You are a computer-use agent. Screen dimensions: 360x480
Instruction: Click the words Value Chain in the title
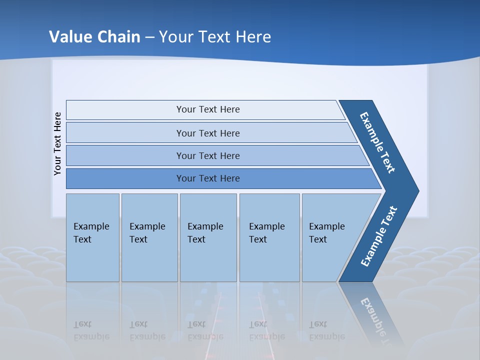[94, 37]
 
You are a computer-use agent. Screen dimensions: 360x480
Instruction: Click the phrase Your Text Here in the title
[215, 37]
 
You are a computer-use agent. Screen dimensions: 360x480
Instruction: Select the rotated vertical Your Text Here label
[57, 143]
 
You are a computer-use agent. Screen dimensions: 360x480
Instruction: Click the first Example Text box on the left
[92, 237]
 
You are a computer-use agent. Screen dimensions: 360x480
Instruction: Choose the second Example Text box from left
[149, 237]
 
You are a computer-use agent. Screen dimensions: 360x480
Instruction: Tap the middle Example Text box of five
[208, 237]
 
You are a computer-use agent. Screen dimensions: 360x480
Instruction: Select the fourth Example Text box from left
[269, 237]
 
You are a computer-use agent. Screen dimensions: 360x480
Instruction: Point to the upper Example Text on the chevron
[377, 142]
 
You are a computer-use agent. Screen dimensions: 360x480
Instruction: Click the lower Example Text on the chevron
[379, 236]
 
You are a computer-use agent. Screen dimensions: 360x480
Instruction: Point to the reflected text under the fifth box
[326, 330]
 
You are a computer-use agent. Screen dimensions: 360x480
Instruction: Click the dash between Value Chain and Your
[149, 37]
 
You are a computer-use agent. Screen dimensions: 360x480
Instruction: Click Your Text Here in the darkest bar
[208, 178]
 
